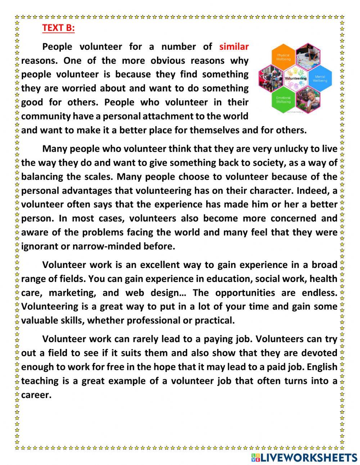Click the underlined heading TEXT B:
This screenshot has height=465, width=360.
click(x=58, y=28)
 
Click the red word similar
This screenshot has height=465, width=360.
click(x=234, y=46)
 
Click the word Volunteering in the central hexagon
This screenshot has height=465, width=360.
click(x=296, y=78)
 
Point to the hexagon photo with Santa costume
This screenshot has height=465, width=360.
click(x=271, y=78)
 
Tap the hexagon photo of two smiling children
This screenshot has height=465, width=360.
click(x=308, y=99)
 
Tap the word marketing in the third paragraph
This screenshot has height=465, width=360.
click(x=73, y=292)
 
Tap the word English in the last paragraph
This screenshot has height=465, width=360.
click(x=322, y=367)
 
